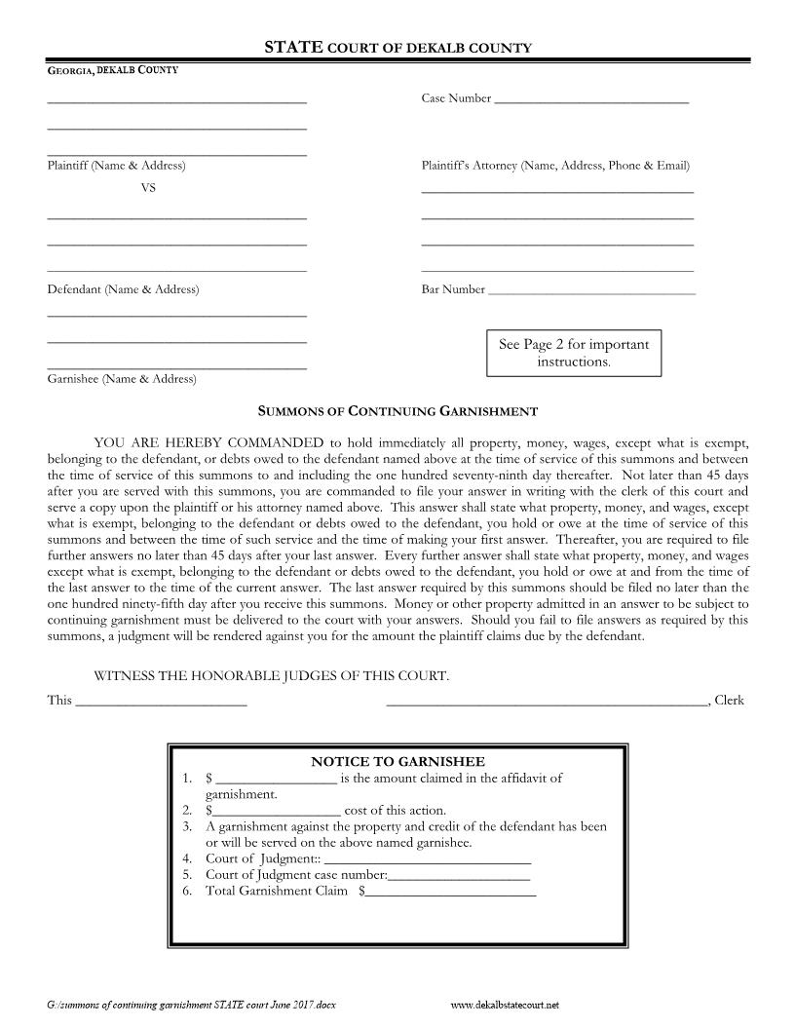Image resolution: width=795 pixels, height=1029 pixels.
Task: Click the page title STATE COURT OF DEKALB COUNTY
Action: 397,47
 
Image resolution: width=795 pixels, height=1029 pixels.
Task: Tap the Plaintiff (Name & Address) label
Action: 116,166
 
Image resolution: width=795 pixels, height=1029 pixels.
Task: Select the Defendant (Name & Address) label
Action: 123,289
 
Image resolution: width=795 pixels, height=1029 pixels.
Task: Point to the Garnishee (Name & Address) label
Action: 122,379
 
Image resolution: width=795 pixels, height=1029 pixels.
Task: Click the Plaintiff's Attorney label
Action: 555,166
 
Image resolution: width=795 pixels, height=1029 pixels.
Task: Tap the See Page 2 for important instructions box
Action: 573,353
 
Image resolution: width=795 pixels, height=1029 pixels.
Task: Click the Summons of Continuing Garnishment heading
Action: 397,412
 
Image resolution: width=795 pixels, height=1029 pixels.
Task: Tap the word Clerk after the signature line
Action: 730,700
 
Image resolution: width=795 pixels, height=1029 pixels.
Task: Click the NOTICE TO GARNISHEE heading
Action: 397,761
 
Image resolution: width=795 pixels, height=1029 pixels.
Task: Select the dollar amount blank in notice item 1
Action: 276,779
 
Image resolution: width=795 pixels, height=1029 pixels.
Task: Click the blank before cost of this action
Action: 277,811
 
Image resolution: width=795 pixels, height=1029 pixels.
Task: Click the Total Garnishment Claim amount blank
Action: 450,892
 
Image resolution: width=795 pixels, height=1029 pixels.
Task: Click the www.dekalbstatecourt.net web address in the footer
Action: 506,1004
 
